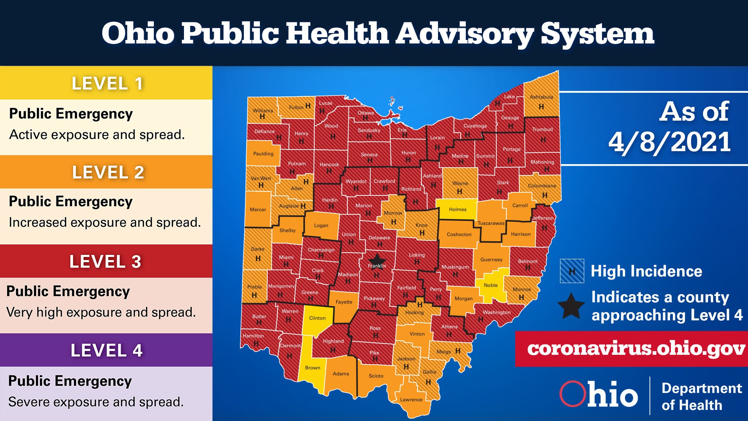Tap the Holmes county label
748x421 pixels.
pyautogui.click(x=458, y=210)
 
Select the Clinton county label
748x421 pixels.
pyautogui.click(x=317, y=318)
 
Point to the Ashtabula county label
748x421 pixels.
pyautogui.click(x=541, y=97)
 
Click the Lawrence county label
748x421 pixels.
pyautogui.click(x=411, y=400)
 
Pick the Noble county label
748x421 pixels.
pyautogui.click(x=490, y=285)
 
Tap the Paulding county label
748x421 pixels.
pyautogui.click(x=263, y=154)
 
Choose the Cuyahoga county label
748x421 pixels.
pyautogui.click(x=475, y=126)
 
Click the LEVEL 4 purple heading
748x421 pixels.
pyautogui.click(x=106, y=351)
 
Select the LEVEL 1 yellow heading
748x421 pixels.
pyautogui.click(x=106, y=83)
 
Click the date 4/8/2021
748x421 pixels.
pyautogui.click(x=669, y=142)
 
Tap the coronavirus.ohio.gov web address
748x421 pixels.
pyautogui.click(x=636, y=349)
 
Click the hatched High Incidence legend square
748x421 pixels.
pyautogui.click(x=571, y=271)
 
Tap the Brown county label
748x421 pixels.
pyautogui.click(x=312, y=368)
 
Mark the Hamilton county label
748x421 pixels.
pyautogui.click(x=253, y=336)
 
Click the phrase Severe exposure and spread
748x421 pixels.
pyautogui.click(x=96, y=402)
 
